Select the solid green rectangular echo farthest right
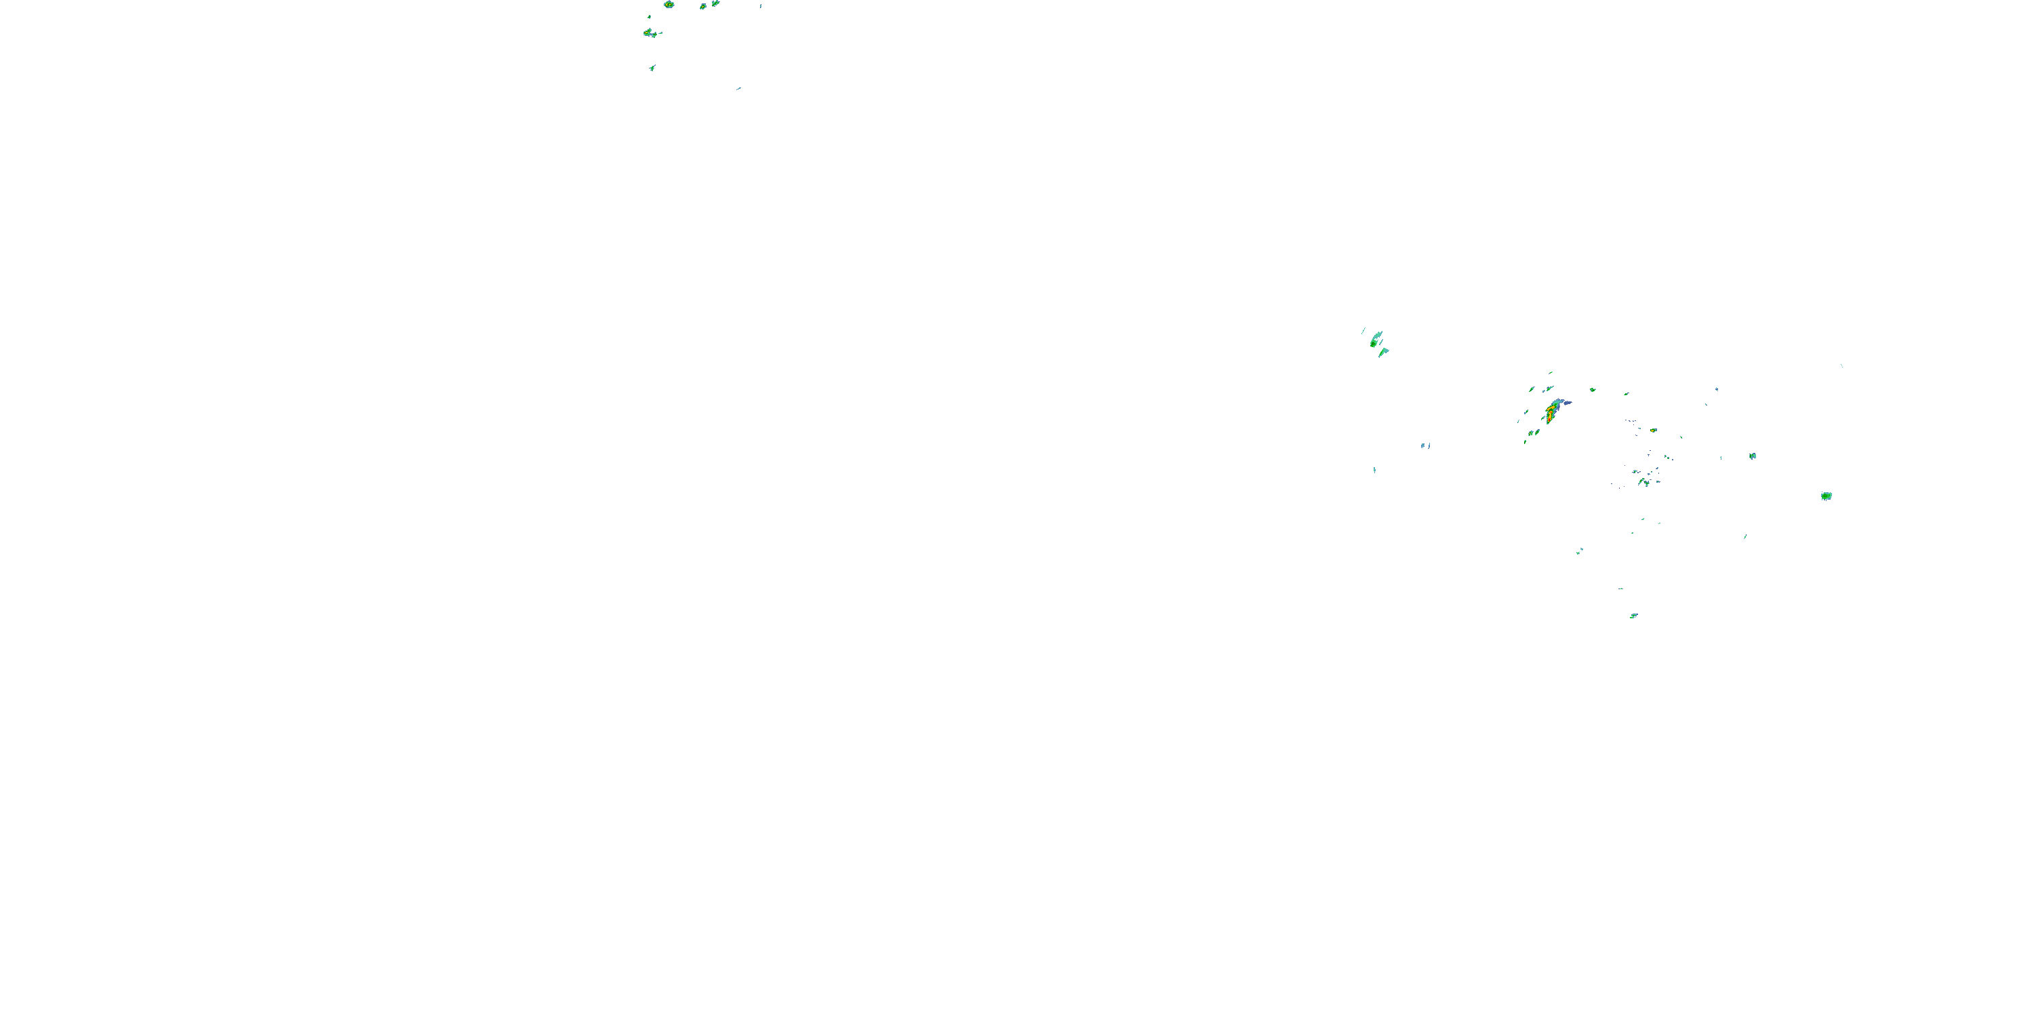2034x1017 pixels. (1826, 496)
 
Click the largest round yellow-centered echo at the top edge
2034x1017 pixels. (669, 5)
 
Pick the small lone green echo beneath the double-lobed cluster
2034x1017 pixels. (652, 68)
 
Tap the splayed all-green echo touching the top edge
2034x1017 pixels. (715, 3)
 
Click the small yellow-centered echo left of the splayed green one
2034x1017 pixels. (702, 6)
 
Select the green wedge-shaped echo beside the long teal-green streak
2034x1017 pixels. (1383, 352)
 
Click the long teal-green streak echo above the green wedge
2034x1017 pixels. (1376, 340)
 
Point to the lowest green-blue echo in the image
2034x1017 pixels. (1633, 616)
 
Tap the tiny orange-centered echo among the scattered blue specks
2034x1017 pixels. (1654, 431)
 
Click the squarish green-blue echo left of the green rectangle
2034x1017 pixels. (1752, 456)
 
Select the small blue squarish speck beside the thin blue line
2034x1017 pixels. (1423, 446)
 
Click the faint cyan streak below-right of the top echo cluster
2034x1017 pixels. (738, 88)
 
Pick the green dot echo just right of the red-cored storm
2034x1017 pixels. (1592, 389)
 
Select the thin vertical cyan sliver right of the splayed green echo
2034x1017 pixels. (761, 5)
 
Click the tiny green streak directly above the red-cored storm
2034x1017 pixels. (1551, 373)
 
